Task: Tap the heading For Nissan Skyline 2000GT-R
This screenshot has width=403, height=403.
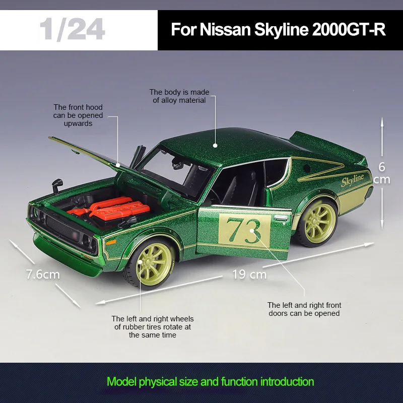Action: [278, 29]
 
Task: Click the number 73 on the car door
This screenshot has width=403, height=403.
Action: [243, 229]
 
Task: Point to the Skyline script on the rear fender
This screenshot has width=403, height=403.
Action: [352, 180]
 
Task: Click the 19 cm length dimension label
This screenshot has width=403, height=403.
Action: [249, 275]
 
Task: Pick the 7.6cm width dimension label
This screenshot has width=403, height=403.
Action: [43, 275]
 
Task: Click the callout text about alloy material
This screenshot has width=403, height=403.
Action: [179, 96]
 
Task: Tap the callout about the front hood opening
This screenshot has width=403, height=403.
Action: [78, 115]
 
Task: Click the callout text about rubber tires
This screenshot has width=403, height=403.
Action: [153, 326]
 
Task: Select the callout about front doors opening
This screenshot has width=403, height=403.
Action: [304, 309]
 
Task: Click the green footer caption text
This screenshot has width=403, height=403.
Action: [210, 381]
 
